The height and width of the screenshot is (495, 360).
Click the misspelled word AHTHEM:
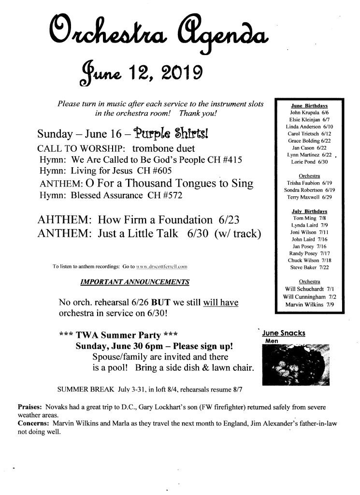(64, 220)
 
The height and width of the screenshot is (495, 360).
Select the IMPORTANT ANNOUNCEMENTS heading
(135, 282)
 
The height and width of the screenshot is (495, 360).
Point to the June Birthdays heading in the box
(309, 105)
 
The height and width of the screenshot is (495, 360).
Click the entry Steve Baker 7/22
(309, 267)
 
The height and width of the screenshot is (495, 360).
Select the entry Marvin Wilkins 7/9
(309, 305)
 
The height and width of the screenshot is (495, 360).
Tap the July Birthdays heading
(309, 211)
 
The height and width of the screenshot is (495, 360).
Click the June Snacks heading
(283, 333)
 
